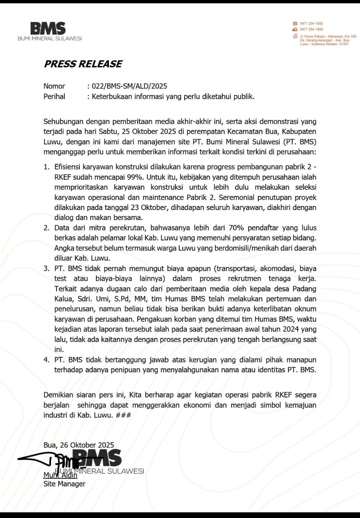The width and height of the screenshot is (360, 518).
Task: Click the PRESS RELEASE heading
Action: coord(83,64)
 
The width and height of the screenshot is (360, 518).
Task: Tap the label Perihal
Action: coord(54,97)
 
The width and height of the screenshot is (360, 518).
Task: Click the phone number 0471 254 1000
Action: coord(311,23)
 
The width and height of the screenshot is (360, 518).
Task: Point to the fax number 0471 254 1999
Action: coord(311,30)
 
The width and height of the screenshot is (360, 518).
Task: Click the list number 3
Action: coord(46,268)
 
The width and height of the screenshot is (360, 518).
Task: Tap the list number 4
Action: coord(46,359)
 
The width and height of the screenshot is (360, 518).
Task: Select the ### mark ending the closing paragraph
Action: coord(123,415)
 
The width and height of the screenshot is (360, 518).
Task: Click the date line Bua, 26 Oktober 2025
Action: coord(79,445)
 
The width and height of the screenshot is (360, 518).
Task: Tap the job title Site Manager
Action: coord(64,484)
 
